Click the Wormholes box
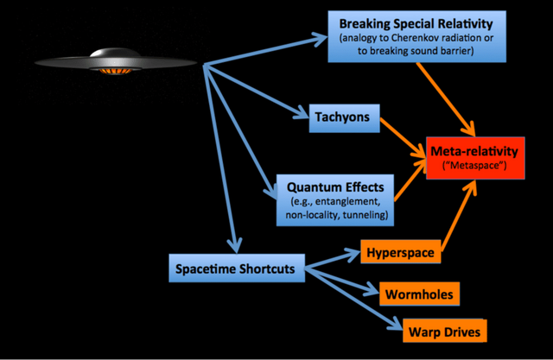416,294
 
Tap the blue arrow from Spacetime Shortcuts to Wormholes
341,281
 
